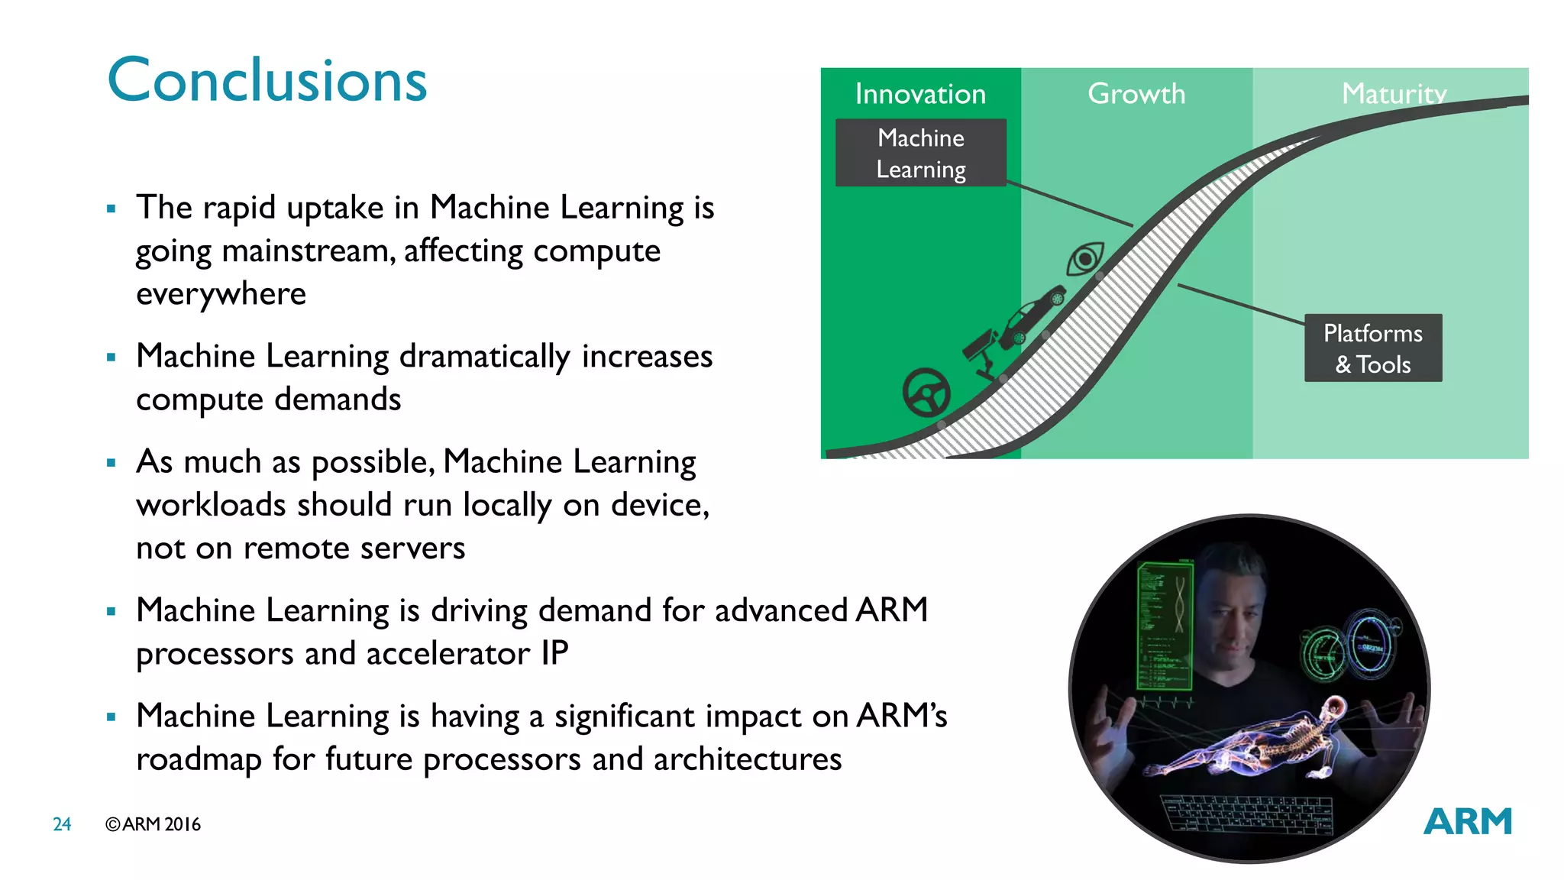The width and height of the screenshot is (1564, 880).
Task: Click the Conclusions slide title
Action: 267,81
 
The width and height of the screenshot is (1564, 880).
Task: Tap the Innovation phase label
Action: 920,94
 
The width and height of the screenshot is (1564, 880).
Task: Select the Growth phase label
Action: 1136,94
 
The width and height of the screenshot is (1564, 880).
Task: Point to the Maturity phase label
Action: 1394,94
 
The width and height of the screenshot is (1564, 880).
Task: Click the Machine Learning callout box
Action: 921,153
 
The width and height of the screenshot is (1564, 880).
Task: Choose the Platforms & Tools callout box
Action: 1372,348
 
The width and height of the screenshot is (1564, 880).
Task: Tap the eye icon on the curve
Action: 1085,258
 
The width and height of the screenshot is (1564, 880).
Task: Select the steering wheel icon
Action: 926,393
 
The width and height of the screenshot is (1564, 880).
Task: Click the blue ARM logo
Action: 1467,822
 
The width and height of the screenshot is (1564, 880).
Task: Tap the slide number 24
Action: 62,824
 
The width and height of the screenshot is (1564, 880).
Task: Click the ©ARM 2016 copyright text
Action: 153,824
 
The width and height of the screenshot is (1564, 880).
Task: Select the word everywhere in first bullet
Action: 221,294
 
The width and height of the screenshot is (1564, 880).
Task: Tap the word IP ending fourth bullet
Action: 554,654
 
